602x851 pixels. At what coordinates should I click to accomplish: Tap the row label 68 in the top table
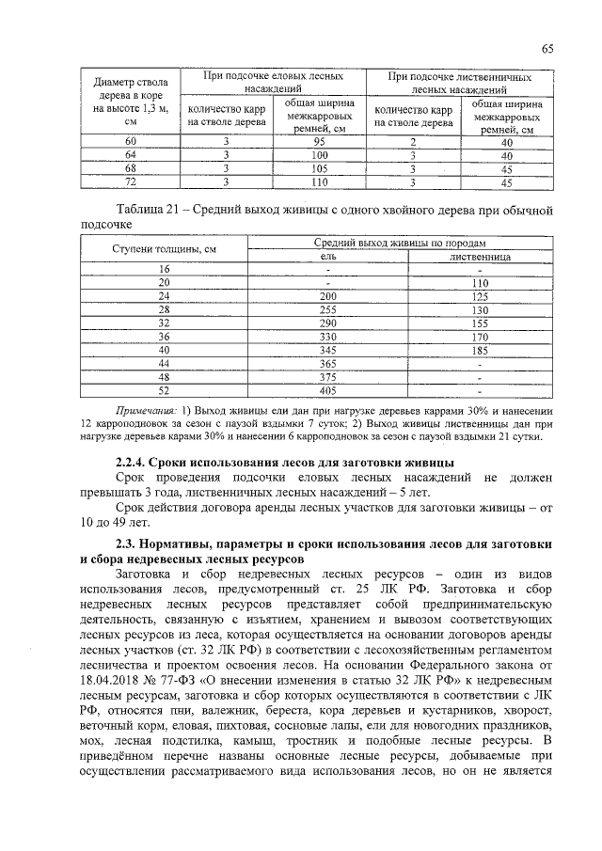131,167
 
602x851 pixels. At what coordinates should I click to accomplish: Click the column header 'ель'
328,255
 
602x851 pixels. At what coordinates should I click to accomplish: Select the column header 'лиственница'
481,255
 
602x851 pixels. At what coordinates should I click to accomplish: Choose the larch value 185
481,349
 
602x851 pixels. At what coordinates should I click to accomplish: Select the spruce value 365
328,362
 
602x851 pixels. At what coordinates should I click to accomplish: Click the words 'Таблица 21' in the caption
147,209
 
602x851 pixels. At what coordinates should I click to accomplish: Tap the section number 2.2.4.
133,463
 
